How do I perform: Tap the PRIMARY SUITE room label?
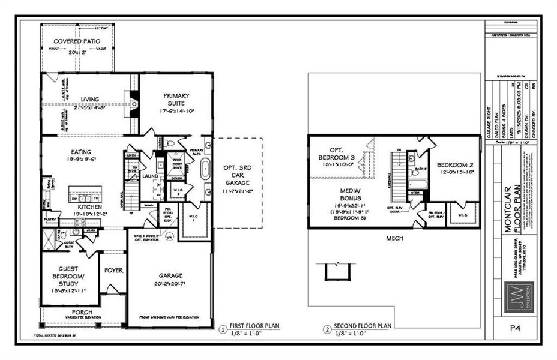(176, 99)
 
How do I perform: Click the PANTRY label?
(49, 220)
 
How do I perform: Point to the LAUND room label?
(149, 176)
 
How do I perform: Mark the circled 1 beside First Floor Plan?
(223, 329)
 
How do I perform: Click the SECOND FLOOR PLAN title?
(362, 326)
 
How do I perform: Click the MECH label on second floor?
(394, 238)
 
